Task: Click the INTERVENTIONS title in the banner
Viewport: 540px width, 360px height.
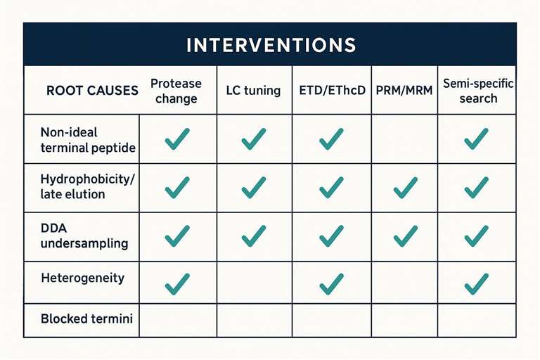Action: [271, 45]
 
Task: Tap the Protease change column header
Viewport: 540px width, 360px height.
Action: [176, 91]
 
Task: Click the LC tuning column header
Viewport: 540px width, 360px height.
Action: [253, 91]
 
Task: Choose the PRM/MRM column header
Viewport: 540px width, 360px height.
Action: [404, 91]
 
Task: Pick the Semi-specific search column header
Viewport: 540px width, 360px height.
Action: [478, 91]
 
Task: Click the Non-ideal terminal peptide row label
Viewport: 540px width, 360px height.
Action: [79, 139]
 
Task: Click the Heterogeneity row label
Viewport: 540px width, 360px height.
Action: [82, 278]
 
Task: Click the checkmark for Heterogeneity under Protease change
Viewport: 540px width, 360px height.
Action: [177, 283]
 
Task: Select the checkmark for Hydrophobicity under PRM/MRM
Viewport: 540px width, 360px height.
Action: [405, 187]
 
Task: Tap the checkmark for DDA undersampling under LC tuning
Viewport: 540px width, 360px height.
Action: [254, 236]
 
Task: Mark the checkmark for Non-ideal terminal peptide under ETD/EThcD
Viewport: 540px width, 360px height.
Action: [331, 139]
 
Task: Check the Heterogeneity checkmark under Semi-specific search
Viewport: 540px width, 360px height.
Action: [477, 283]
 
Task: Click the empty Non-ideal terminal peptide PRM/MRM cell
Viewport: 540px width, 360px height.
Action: [404, 139]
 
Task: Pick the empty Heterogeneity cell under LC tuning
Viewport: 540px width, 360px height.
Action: [254, 283]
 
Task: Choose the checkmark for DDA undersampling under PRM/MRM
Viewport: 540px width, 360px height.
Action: [405, 236]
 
